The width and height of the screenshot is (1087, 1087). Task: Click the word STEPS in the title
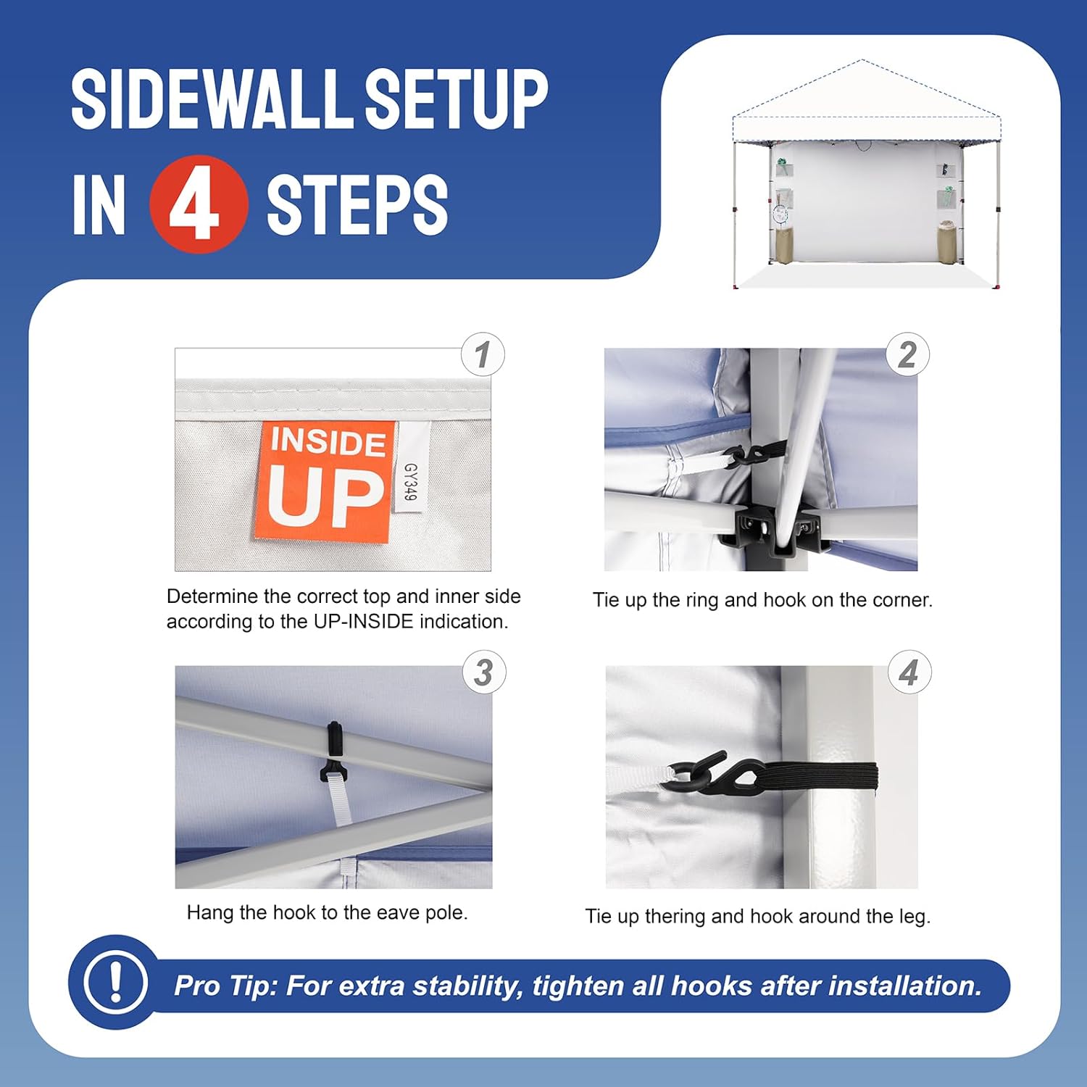coord(357,204)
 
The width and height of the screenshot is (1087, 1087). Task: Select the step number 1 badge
coord(483,354)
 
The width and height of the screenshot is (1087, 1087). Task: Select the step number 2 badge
coord(907,354)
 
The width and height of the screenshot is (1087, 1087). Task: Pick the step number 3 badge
coord(484,672)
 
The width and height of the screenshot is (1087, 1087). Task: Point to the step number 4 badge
coord(909,672)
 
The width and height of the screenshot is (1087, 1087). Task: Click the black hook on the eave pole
coord(333,754)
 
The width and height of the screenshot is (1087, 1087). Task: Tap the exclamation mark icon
coord(115,982)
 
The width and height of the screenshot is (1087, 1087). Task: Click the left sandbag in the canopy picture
coord(783,244)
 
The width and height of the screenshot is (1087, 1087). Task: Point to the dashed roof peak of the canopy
coord(862,61)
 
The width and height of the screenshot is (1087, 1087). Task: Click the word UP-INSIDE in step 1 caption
coord(363,622)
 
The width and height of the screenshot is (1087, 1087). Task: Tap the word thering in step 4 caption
coord(675,917)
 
